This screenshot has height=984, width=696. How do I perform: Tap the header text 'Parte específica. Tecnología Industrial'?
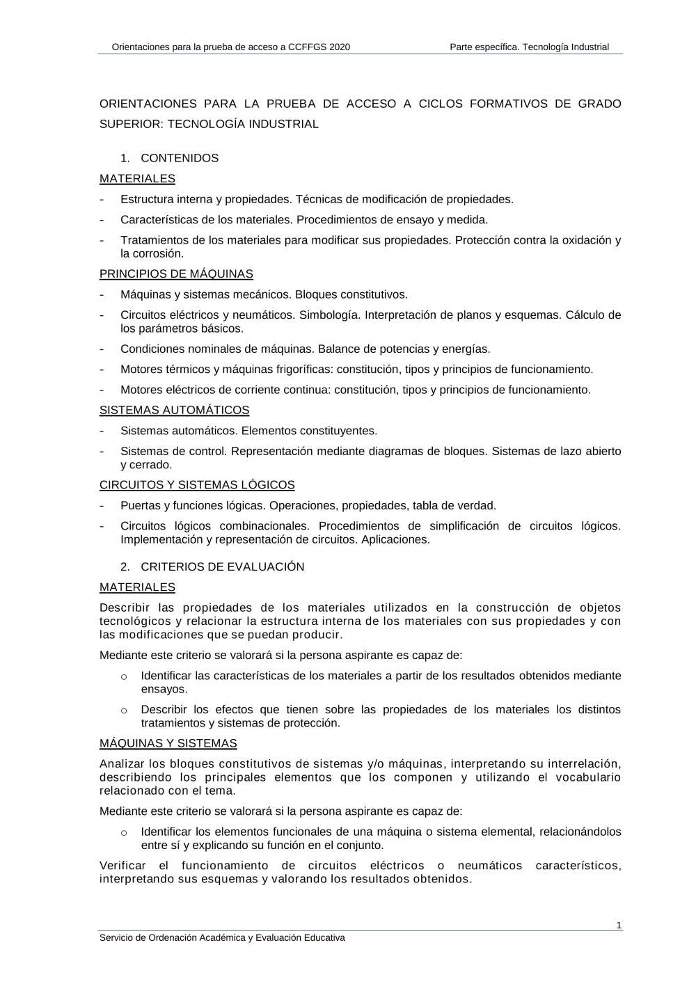click(529, 47)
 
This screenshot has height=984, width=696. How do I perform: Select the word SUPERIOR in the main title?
click(131, 125)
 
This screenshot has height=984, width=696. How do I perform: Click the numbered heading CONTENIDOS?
click(180, 159)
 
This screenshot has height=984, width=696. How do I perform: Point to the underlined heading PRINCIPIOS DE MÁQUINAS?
click(176, 274)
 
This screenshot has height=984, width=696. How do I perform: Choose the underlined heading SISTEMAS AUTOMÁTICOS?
click(174, 411)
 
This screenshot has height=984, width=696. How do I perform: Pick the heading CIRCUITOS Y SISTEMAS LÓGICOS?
click(197, 485)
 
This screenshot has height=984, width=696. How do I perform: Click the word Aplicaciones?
click(395, 540)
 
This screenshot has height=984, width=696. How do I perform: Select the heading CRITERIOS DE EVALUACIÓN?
click(222, 567)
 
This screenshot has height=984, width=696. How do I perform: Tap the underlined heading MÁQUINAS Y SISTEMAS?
click(168, 744)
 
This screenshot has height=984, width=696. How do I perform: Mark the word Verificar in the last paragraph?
click(123, 866)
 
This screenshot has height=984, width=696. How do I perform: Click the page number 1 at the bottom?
click(619, 926)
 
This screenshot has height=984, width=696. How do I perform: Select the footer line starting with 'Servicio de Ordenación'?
click(222, 938)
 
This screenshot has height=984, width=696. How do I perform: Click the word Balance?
click(341, 349)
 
